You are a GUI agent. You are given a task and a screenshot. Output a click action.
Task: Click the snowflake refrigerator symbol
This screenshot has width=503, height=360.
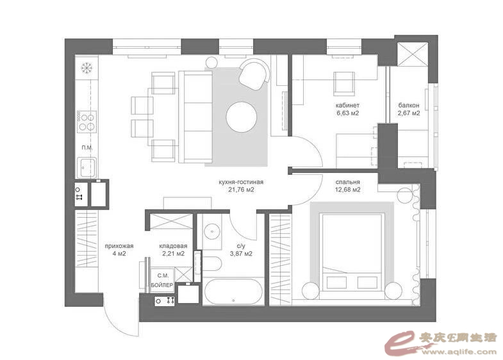click(87, 68)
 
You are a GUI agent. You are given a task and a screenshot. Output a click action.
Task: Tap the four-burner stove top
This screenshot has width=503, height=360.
click(87, 122)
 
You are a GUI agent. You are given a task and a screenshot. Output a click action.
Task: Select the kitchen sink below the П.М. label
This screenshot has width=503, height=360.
click(87, 168)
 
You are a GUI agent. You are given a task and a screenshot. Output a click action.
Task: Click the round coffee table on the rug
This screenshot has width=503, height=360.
click(241, 117)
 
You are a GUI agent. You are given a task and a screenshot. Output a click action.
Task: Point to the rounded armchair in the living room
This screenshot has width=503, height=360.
click(254, 74)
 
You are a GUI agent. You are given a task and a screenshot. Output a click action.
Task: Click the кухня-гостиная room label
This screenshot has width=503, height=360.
click(241, 182)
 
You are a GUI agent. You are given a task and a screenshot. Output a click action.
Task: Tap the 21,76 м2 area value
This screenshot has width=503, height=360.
click(241, 190)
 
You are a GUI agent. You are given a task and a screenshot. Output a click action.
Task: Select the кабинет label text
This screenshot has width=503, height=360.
click(347, 105)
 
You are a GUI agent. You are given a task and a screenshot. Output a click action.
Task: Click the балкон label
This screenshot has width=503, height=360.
click(409, 105)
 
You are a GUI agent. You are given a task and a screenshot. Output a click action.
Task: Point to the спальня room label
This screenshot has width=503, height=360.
click(348, 182)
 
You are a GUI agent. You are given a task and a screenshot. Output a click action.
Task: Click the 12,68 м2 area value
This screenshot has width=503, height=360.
click(348, 190)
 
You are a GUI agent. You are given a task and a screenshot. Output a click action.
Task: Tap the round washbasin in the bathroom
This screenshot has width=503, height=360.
click(212, 231)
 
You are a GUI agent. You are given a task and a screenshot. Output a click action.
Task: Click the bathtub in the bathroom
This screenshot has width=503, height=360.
click(234, 291)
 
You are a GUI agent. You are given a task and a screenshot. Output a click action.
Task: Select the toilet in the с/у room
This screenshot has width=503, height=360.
click(212, 264)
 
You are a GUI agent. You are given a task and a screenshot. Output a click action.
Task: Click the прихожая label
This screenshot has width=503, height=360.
click(119, 246)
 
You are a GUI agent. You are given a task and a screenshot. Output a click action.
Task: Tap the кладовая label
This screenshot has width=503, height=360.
click(173, 246)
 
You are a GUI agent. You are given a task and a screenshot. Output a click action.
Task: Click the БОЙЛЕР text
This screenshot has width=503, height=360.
click(161, 285)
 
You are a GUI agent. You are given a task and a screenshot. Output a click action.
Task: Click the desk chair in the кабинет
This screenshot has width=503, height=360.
click(344, 83)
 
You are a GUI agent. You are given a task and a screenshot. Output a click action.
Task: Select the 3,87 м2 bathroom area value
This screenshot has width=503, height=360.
click(241, 254)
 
